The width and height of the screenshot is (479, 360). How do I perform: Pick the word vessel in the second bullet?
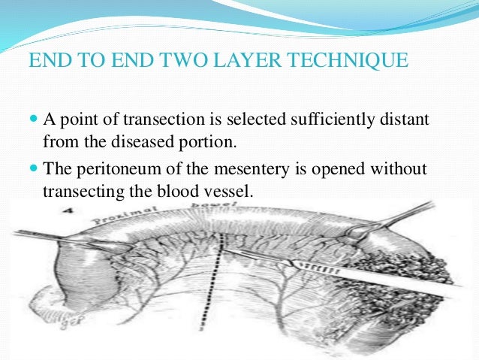231,191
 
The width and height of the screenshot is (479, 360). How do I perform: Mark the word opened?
342,170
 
